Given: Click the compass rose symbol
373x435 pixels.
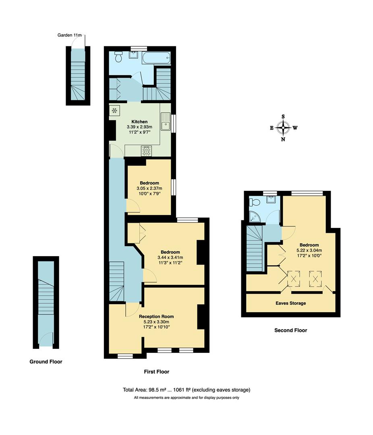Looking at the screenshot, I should point(283,128).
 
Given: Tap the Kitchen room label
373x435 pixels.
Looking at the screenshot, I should point(139,122).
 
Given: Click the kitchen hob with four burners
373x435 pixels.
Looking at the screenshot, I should point(146,151).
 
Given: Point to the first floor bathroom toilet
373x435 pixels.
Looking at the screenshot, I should point(118,58).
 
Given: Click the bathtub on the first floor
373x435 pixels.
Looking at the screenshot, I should point(156,58).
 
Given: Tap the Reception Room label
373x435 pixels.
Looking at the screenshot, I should point(156,316).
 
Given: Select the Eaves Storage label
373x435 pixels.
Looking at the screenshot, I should point(290,303).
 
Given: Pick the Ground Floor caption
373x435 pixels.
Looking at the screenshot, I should point(46,362).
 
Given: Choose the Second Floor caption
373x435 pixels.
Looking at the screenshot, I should point(290,330).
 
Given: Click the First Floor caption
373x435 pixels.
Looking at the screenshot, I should point(156,372).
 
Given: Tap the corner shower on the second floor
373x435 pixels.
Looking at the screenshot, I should point(254,217).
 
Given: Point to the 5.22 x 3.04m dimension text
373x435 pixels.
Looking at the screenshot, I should point(309,250).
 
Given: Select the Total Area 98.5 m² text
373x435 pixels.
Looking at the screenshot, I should point(186,389).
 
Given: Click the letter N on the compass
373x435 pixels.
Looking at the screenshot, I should point(283,140).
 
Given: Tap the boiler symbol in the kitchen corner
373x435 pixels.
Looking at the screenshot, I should point(115,110).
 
